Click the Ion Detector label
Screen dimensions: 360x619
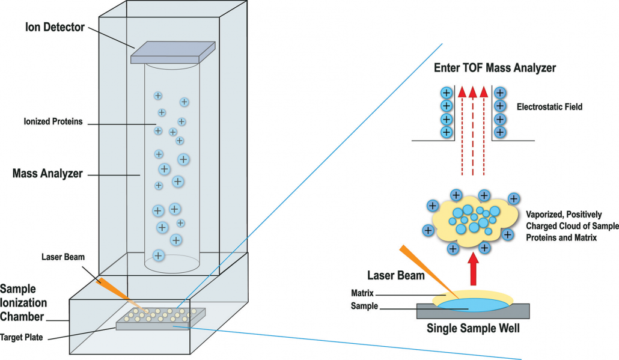[55, 27]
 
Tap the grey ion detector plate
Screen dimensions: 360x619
[173, 52]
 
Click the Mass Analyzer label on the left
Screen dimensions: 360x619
[47, 175]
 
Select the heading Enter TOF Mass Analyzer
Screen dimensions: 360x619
[495, 68]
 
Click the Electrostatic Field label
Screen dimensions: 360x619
[550, 107]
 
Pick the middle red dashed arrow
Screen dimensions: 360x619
[472, 132]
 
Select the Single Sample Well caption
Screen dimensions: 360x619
[473, 329]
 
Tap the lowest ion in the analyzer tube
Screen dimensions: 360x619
[158, 255]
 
